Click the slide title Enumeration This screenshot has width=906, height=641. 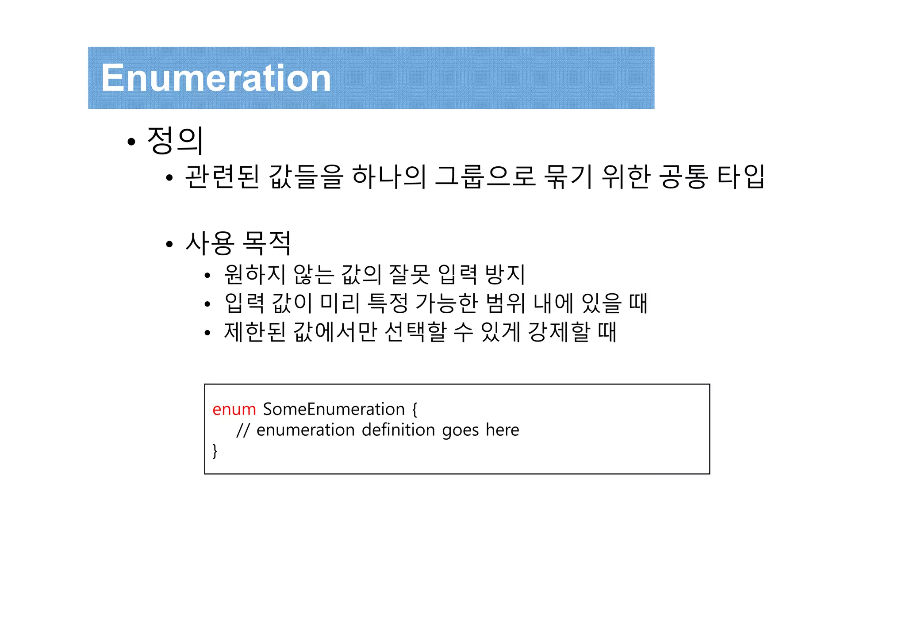tap(216, 78)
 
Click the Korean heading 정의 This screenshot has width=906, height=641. tap(175, 140)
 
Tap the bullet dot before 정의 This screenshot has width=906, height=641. tap(131, 142)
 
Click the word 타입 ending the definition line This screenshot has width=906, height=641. tap(741, 177)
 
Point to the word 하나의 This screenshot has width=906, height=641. tap(389, 177)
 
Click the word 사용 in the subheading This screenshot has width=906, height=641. tap(209, 243)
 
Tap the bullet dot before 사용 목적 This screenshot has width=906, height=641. tap(169, 244)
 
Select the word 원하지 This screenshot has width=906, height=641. tap(255, 274)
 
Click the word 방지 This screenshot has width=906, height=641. tap(505, 274)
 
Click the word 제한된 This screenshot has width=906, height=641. tap(255, 332)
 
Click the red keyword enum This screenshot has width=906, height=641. tap(234, 409)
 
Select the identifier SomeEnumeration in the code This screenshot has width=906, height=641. tap(334, 409)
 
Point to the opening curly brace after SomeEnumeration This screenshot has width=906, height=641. tap(415, 409)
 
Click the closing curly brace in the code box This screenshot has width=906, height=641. tap(215, 450)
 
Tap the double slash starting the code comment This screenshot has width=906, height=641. tap(243, 430)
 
